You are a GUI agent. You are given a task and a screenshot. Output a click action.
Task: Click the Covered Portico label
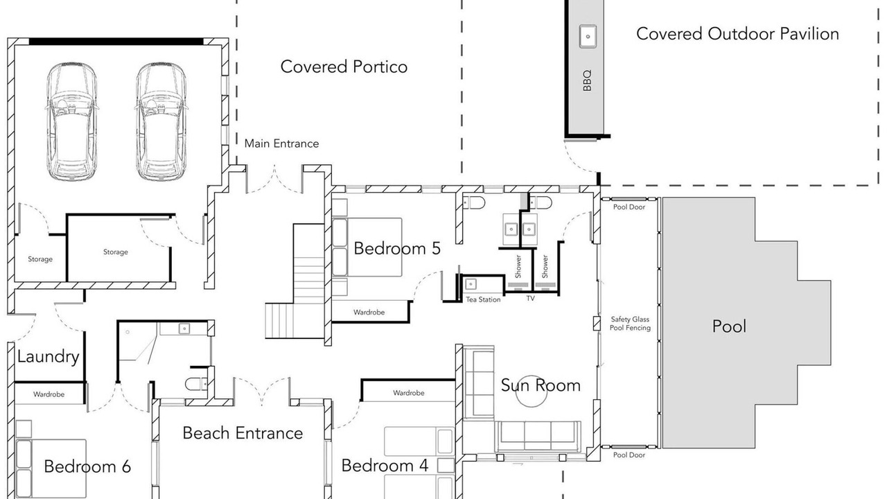344,67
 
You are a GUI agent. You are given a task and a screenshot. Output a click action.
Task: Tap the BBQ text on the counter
587,80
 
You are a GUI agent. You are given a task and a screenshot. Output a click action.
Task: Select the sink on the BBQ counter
588,36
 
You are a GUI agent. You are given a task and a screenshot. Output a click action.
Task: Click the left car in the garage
71,121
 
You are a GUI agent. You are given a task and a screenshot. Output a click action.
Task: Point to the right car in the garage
161,121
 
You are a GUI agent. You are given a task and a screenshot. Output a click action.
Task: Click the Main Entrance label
281,143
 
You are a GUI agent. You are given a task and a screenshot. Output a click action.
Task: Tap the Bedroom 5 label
397,248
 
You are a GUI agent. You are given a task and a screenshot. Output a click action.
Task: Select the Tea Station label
483,299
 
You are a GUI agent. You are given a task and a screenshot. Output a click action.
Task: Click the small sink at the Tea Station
471,284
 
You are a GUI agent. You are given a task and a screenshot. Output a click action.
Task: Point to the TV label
531,298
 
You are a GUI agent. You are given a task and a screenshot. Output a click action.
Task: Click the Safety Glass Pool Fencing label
630,323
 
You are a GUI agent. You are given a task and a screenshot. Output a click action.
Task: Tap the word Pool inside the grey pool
729,326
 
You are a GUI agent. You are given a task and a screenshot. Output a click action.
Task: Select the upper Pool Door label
629,207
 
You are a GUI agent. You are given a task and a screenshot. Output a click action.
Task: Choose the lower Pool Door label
629,455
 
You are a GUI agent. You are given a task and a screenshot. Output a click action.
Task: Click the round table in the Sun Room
531,392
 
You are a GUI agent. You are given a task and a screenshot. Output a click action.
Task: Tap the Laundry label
49,356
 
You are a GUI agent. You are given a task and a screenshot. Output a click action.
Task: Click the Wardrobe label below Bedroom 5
369,312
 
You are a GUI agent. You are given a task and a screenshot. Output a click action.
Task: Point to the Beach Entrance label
243,433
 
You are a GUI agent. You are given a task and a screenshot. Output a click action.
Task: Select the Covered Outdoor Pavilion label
738,34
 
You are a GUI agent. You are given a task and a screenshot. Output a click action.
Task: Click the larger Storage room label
116,252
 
